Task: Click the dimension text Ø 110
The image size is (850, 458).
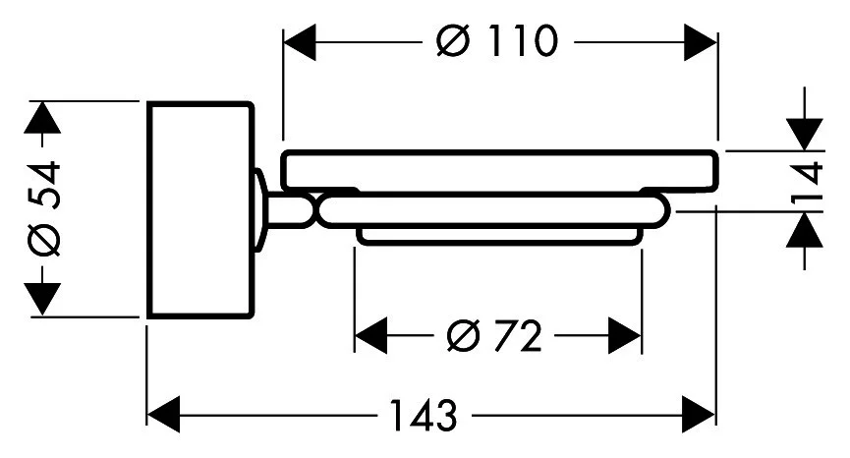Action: coord(499,41)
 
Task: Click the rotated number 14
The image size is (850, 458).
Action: coord(807,181)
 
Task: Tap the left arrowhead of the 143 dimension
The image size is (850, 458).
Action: coord(163,414)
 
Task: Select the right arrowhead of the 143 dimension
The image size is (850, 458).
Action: coord(700,414)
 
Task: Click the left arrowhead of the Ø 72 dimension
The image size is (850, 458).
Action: coord(370,337)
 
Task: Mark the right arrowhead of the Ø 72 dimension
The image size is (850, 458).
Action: coord(625,337)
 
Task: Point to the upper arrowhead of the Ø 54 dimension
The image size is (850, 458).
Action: coord(40,118)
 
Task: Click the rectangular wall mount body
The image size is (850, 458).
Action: coord(199,209)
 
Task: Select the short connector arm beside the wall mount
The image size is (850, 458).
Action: coord(290,210)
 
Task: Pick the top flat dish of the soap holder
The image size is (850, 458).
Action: coord(500,171)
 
